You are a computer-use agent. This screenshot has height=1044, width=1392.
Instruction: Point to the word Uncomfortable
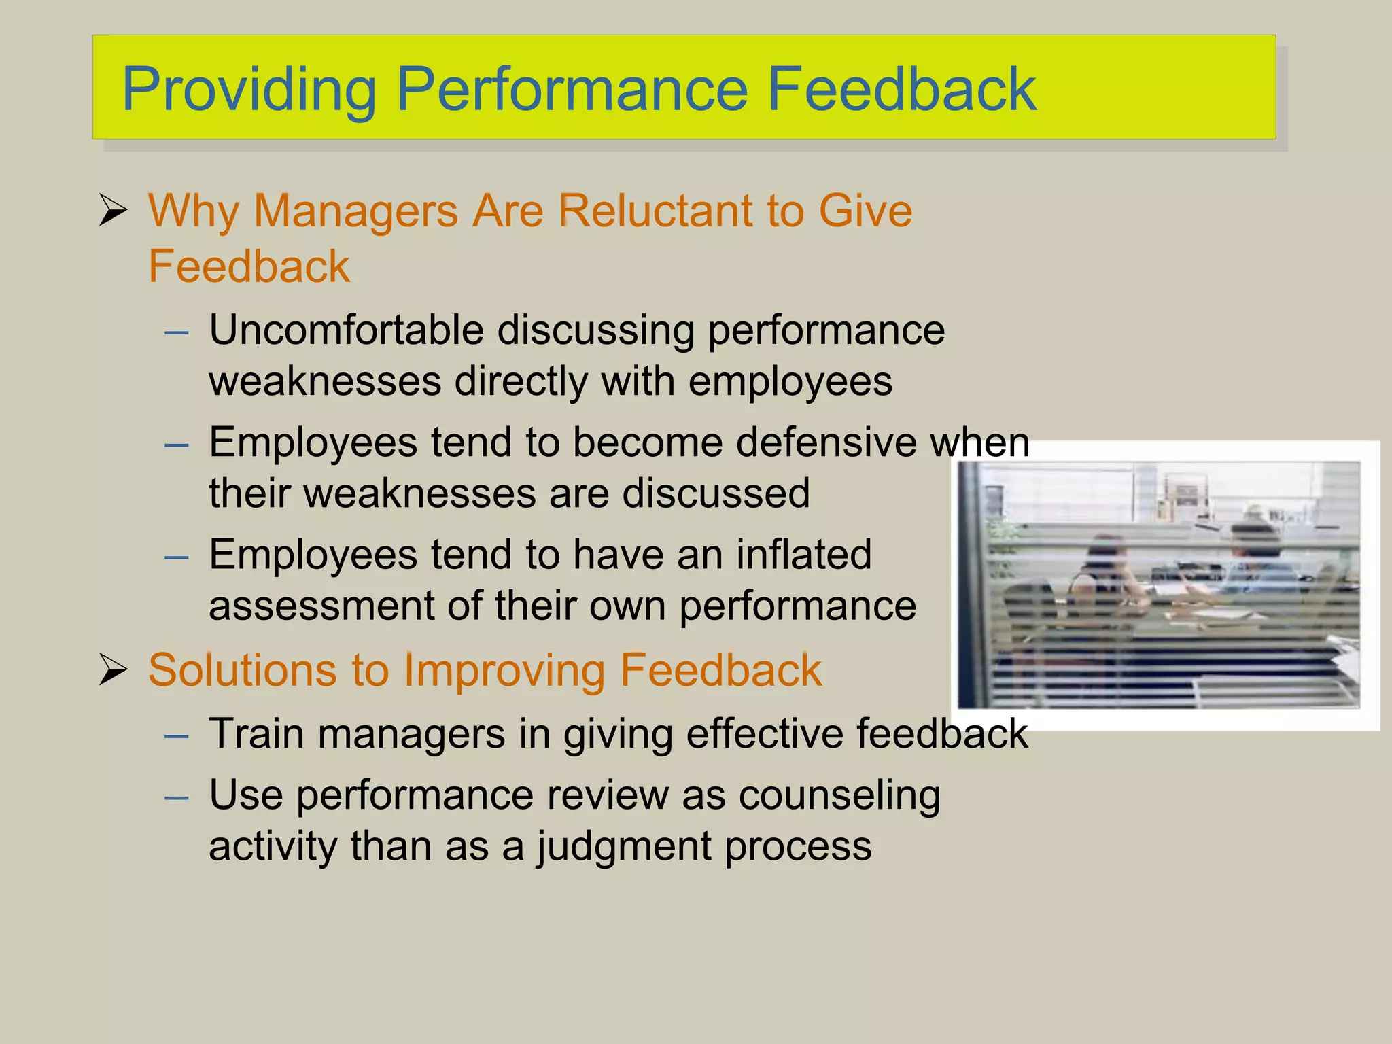point(346,330)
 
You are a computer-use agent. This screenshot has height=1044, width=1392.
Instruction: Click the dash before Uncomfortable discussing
point(177,332)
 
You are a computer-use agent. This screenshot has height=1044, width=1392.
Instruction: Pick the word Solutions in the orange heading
point(242,670)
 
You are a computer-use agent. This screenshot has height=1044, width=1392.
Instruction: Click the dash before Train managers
point(177,736)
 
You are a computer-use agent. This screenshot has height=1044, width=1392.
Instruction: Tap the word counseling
point(839,795)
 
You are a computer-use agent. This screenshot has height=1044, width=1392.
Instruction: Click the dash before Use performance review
point(177,797)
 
